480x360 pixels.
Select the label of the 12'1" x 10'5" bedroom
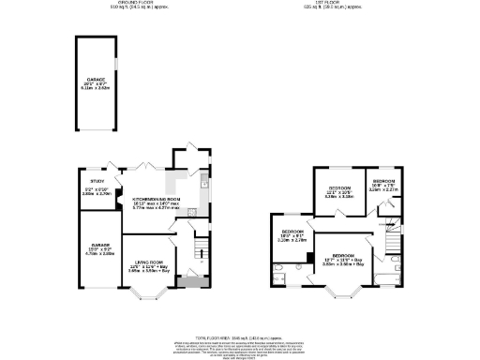point(337,194)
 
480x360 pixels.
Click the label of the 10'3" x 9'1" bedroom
point(293,235)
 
